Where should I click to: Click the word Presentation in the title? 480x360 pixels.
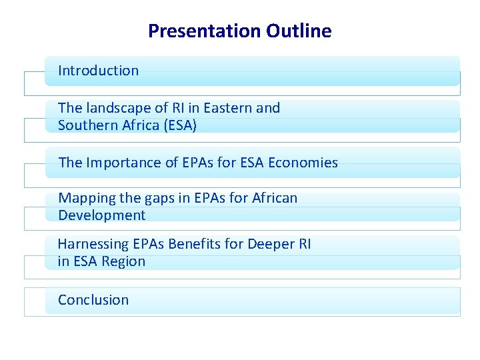(x=204, y=31)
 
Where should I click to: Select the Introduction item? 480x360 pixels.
(x=99, y=71)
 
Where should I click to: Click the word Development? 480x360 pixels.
(x=101, y=215)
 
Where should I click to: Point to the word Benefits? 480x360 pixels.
(x=194, y=244)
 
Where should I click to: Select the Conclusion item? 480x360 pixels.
(x=93, y=300)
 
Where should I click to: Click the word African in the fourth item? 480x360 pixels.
(x=275, y=198)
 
